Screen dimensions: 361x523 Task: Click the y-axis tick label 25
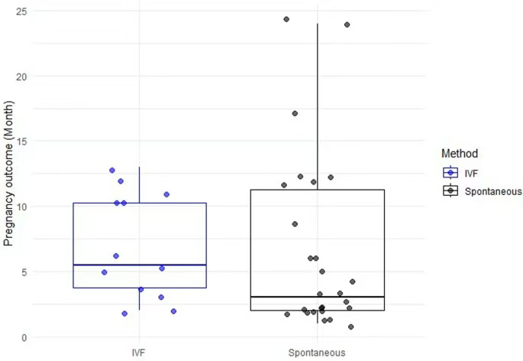coord(25,11)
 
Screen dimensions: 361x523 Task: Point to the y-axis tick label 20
coord(25,76)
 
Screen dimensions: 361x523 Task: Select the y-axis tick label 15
coord(25,141)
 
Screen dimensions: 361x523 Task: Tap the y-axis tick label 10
coord(25,207)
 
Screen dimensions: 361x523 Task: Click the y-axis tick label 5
coord(27,272)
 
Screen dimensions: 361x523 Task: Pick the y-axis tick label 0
coord(27,337)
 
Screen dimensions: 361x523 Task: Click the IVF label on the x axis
coord(140,353)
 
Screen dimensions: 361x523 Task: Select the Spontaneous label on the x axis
coord(317,353)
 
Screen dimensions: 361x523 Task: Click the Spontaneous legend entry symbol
coord(451,190)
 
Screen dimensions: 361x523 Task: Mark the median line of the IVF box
coord(140,265)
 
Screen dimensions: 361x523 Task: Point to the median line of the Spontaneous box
coord(317,297)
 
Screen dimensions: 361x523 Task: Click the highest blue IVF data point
coord(112,171)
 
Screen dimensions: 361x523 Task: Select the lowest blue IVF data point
coord(124,314)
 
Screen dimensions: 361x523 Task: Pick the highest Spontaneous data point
coord(286,19)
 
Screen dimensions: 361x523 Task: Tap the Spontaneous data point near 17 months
coord(295,113)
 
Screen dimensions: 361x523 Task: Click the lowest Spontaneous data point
coord(350,327)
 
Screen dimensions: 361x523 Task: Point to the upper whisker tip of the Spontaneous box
coord(317,24)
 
